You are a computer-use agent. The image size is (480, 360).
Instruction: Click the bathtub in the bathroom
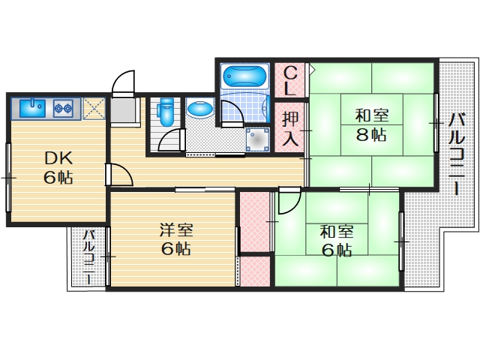(x=243, y=77)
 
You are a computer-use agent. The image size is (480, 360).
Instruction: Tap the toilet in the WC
(x=166, y=112)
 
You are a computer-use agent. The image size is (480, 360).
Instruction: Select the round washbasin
(x=200, y=109)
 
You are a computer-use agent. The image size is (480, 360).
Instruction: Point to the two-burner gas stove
(x=61, y=109)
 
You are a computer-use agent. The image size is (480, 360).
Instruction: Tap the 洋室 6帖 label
(x=175, y=238)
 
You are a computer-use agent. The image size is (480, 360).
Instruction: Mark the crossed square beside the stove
(x=94, y=109)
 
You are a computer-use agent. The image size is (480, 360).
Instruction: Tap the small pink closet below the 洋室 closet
(x=253, y=271)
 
